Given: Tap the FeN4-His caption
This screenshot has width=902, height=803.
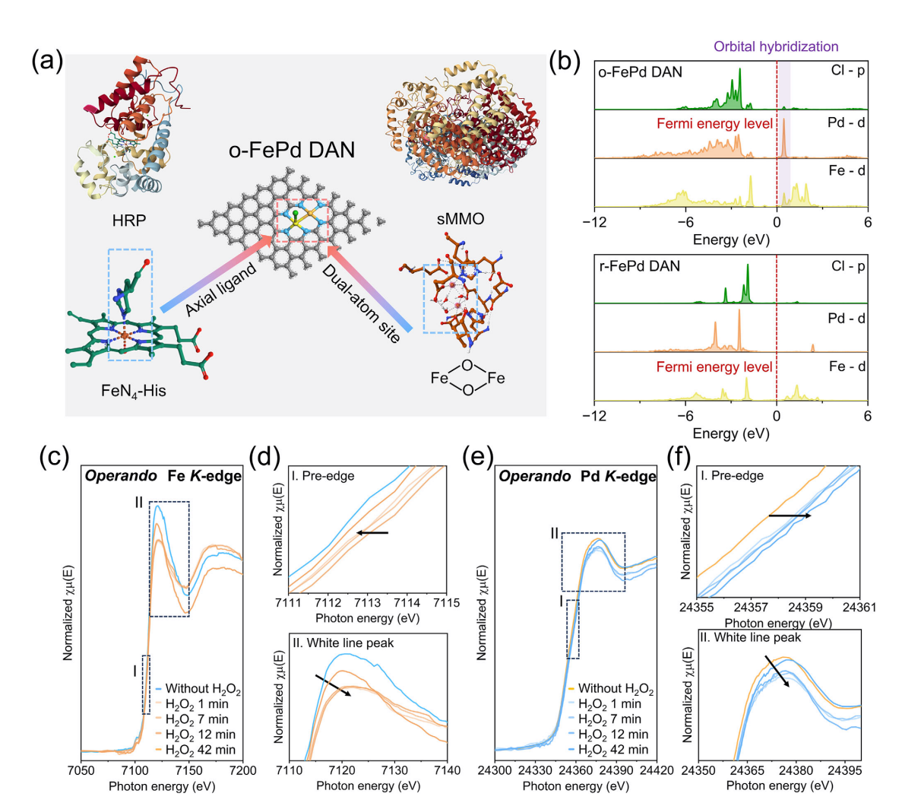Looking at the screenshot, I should click(133, 392).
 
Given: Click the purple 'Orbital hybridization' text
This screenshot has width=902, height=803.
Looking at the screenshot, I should click(776, 46).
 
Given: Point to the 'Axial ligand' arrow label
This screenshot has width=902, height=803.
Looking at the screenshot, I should click(221, 290).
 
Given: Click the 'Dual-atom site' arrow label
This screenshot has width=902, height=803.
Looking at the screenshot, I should click(362, 303).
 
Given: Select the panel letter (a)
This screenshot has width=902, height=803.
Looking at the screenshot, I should click(48, 61).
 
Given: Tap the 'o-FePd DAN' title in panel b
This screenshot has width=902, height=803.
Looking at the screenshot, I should click(640, 71).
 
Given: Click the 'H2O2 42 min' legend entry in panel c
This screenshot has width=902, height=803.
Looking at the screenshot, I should click(200, 750).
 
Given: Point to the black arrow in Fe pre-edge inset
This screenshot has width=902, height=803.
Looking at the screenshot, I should click(372, 532).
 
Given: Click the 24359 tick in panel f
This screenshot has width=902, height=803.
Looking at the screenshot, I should click(805, 608).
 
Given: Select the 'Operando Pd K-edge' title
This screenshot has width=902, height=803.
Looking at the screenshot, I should click(577, 477).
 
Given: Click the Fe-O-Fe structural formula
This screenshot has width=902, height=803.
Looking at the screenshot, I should click(467, 378).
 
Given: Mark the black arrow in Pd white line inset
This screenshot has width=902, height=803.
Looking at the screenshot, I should click(776, 670).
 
